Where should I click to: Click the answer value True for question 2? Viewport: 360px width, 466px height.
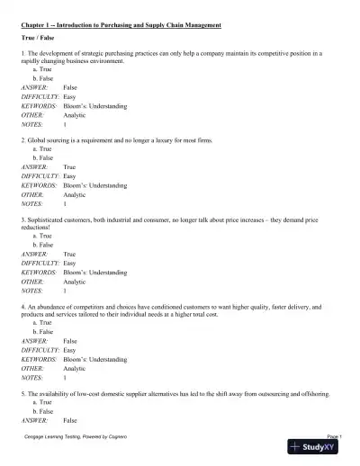click(x=69, y=167)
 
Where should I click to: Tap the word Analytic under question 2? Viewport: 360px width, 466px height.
click(x=75, y=194)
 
